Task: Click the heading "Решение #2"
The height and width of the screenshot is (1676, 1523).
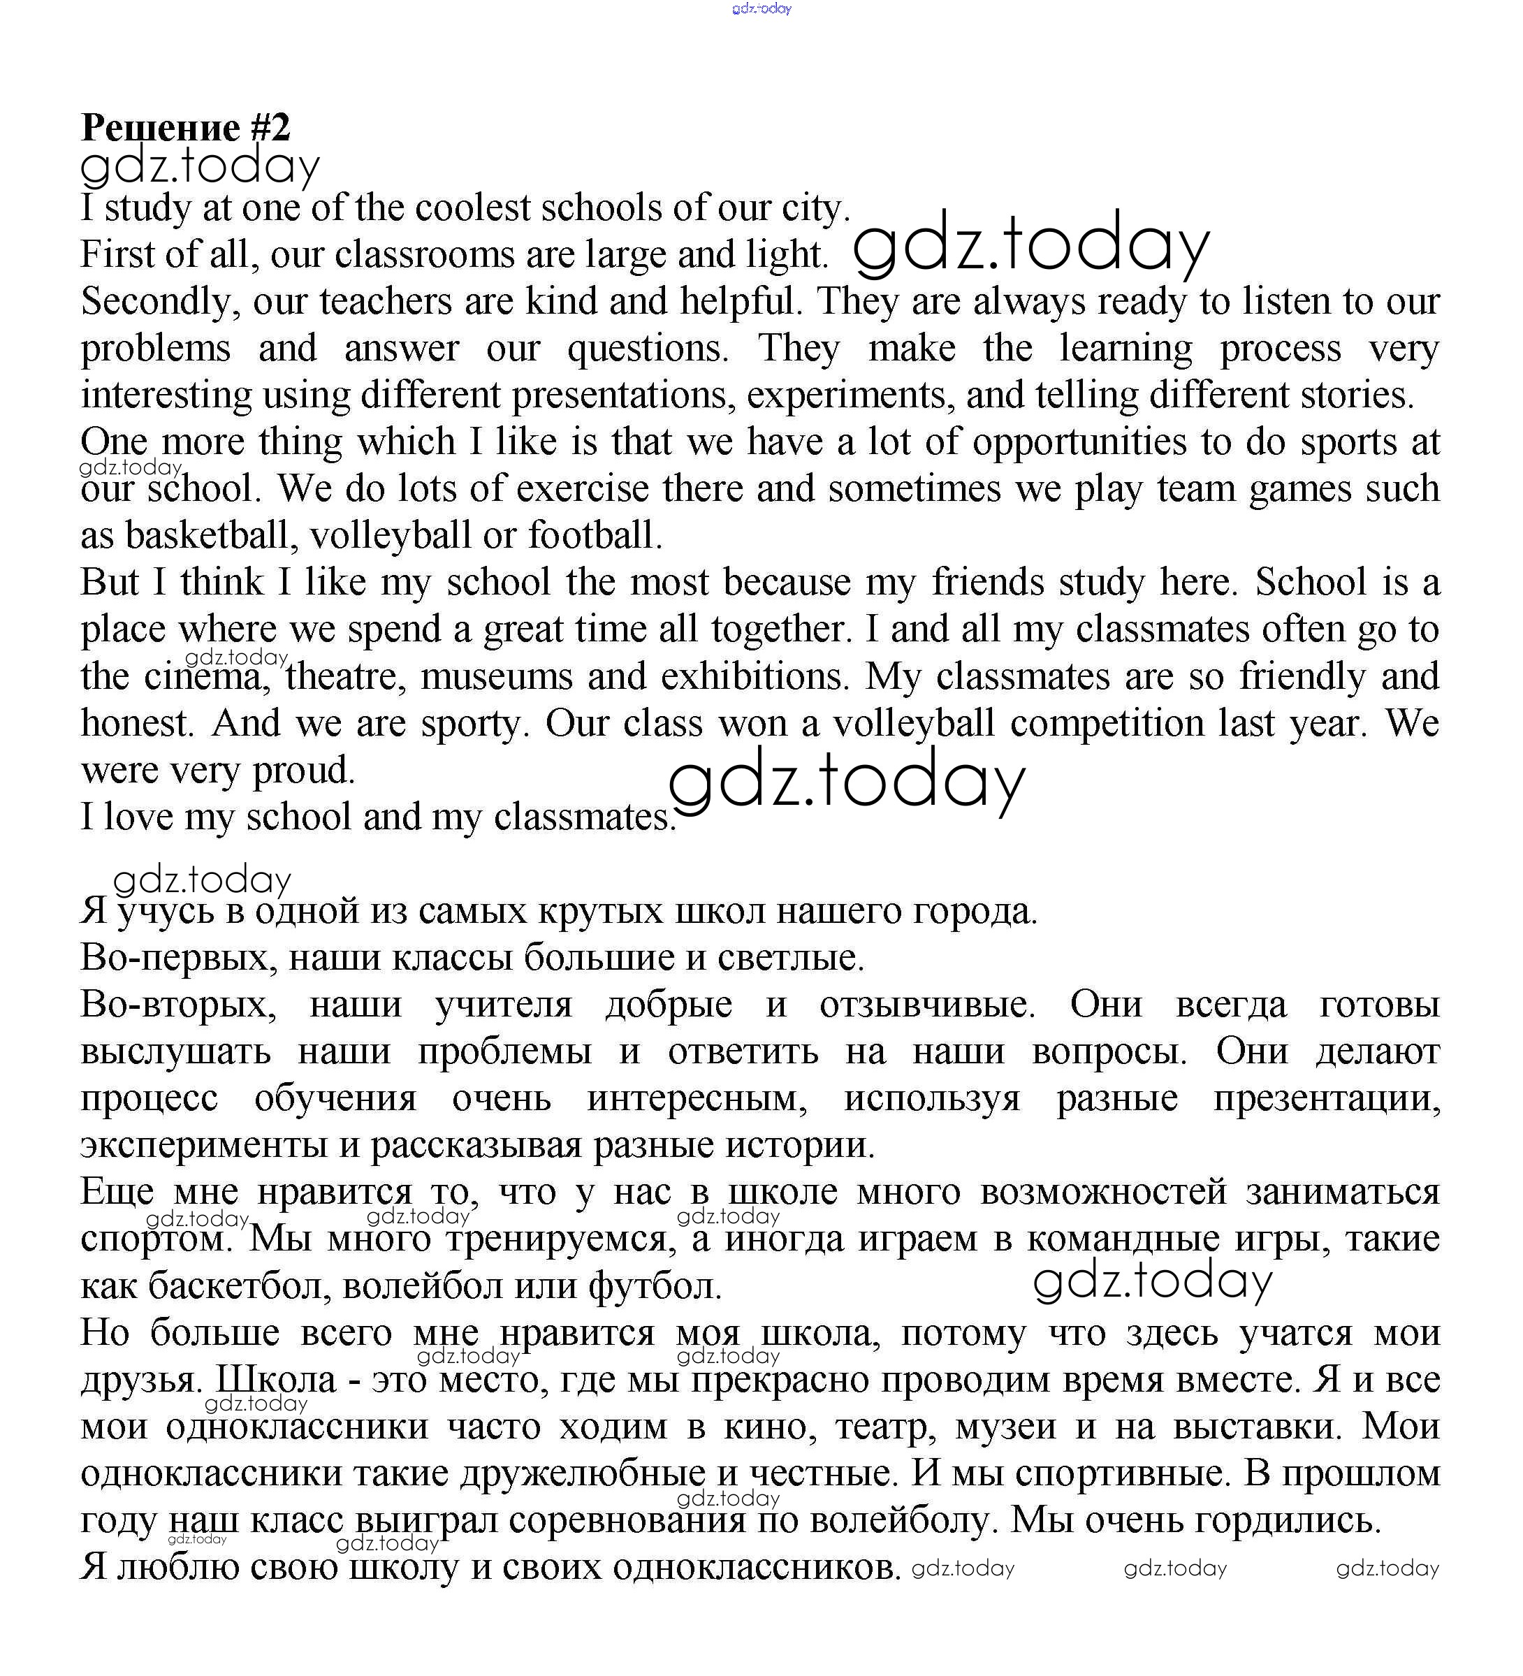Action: click(185, 127)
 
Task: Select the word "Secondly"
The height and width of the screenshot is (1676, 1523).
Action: click(156, 302)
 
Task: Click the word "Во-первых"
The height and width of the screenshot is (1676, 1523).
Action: click(178, 958)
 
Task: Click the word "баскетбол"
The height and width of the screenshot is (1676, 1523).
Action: click(241, 1286)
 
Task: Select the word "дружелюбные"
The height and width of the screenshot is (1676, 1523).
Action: click(583, 1474)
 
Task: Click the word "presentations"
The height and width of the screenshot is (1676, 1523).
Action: click(622, 395)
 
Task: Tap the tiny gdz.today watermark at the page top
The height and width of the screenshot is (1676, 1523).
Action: click(761, 9)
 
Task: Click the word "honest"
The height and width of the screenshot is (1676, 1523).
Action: click(136, 723)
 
